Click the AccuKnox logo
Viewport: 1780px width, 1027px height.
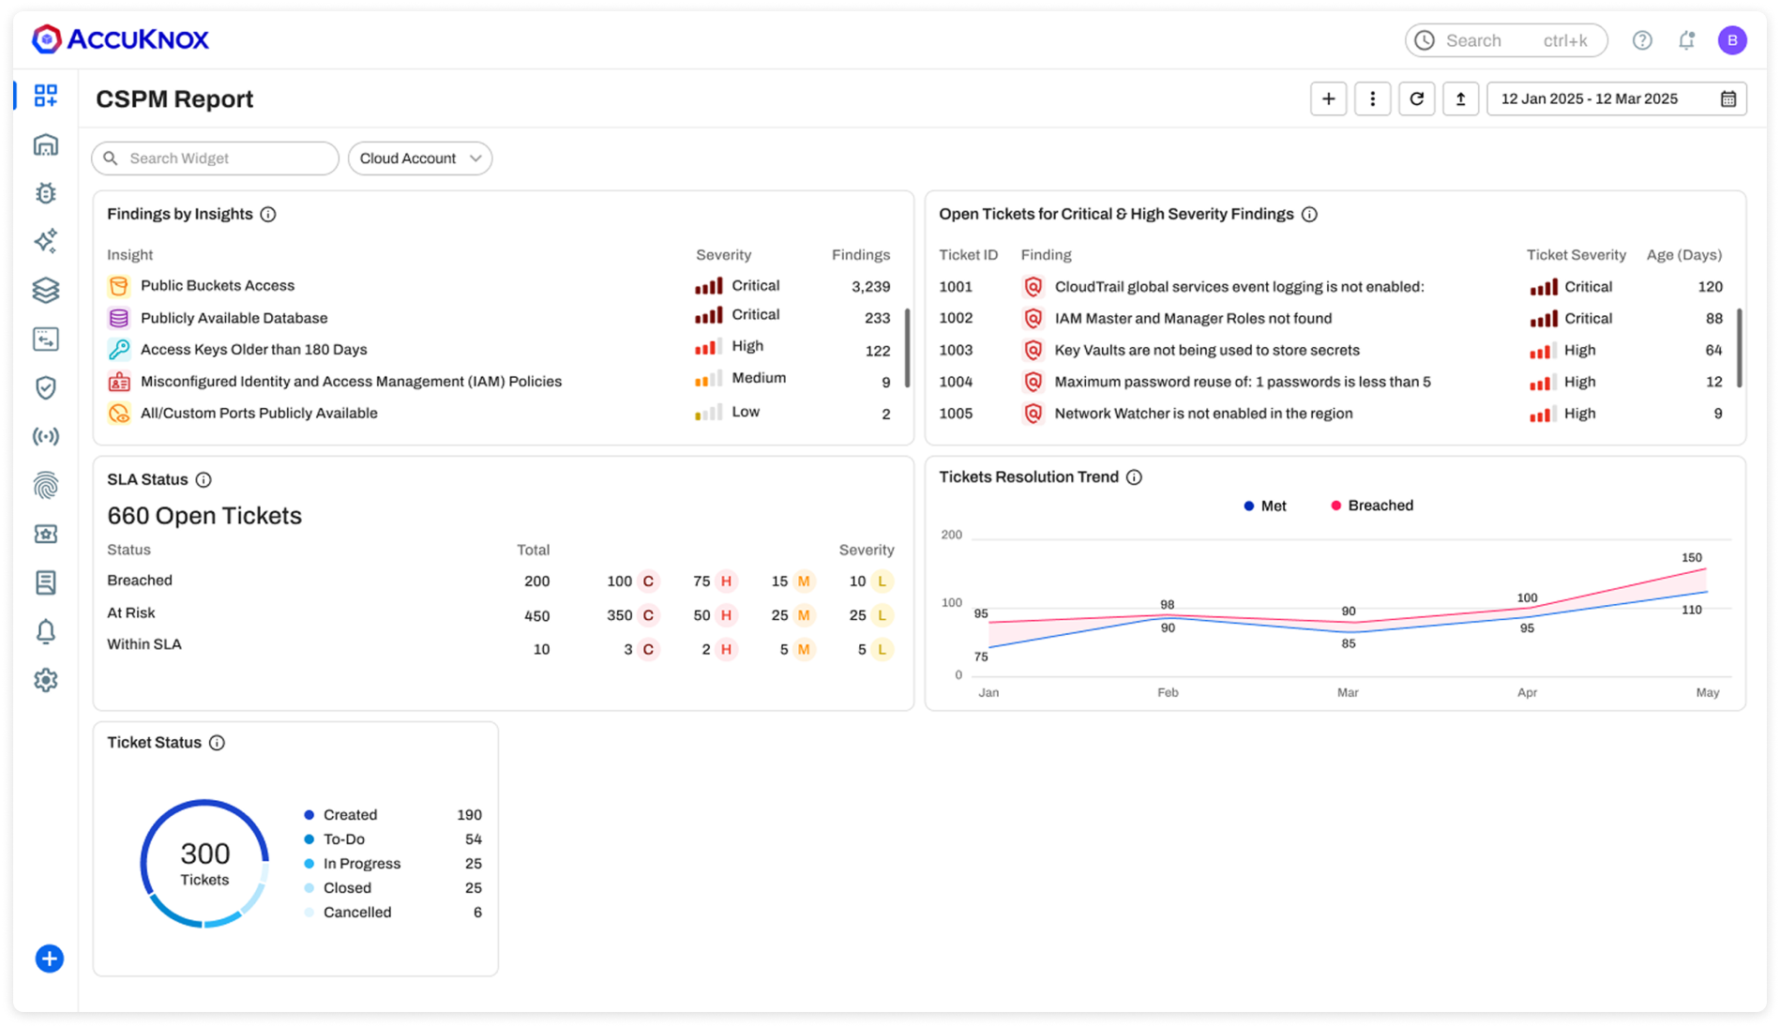coord(120,39)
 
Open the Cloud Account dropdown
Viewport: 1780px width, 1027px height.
coord(419,159)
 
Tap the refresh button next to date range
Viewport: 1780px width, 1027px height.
coord(1416,98)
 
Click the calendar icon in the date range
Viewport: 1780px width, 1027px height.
coord(1727,98)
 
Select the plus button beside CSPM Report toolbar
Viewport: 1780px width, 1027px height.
coord(1328,98)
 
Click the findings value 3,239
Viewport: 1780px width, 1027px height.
coord(870,287)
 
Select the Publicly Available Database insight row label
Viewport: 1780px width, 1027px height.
coord(234,318)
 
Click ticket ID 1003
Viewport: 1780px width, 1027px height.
coord(956,350)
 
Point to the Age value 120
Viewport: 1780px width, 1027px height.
coord(1710,287)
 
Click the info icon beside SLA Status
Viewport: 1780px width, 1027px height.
coord(204,480)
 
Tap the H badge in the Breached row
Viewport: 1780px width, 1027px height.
coord(726,581)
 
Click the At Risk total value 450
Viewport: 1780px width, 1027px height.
coord(536,616)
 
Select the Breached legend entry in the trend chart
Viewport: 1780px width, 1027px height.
coord(1372,506)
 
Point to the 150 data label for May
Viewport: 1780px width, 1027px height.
coord(1691,558)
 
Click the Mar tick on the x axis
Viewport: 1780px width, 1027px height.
coord(1347,692)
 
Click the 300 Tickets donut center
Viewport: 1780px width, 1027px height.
coord(204,864)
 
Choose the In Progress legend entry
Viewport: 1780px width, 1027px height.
coord(361,864)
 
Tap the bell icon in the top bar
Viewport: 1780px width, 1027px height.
coord(1686,40)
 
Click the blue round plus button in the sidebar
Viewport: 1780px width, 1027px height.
coord(49,959)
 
